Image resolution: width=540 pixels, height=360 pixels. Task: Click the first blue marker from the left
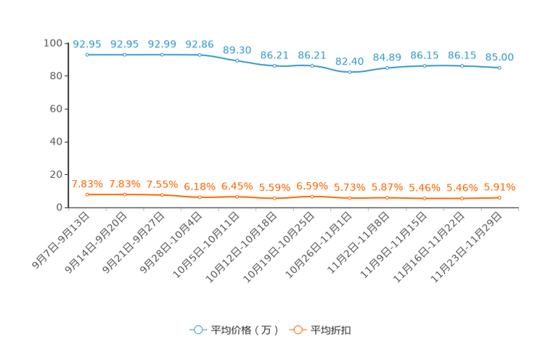(x=87, y=54)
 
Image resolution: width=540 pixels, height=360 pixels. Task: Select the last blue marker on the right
(x=499, y=67)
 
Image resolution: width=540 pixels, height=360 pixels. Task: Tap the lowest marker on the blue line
(x=350, y=72)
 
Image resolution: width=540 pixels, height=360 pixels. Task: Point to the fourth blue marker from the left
(x=200, y=54)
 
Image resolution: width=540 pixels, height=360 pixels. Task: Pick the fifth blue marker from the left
(x=237, y=60)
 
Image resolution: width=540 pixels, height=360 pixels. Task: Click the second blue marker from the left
(x=125, y=54)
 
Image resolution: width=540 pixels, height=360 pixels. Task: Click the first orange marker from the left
(x=87, y=195)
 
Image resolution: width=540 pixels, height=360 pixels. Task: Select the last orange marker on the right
(x=499, y=197)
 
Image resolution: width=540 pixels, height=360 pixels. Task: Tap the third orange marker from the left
(x=162, y=195)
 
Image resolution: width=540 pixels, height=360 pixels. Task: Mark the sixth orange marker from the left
(x=274, y=197)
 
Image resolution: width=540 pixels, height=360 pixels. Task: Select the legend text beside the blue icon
(x=244, y=330)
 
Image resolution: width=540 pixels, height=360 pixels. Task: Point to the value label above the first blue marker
(x=87, y=44)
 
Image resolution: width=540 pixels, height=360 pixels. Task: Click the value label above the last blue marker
(x=499, y=57)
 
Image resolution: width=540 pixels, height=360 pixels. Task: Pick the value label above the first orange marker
(x=87, y=184)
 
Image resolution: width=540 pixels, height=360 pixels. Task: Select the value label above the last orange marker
(x=499, y=187)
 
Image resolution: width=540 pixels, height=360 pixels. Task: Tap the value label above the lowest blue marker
(x=350, y=61)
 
